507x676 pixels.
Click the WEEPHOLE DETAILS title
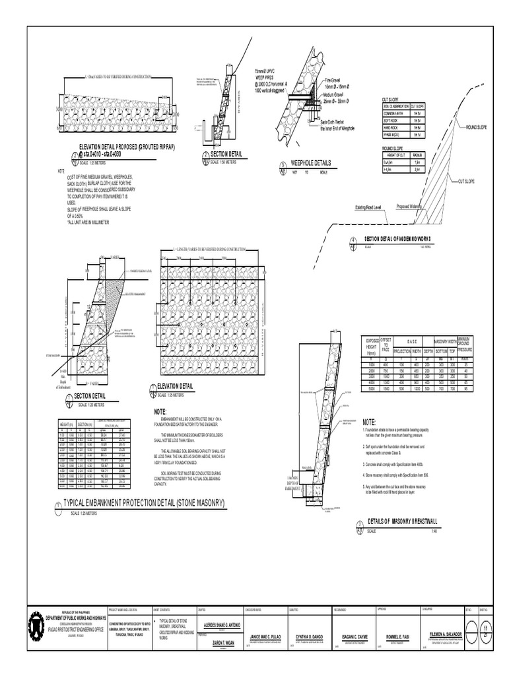click(314, 162)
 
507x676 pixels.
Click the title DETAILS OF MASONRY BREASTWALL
click(403, 522)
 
